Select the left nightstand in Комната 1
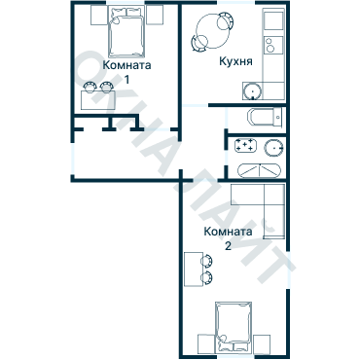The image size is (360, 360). point(95,15)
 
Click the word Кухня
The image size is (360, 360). point(237,60)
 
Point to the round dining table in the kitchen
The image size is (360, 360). point(212,30)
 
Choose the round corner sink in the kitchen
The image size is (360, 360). point(252,90)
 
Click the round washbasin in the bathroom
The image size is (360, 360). point(273,148)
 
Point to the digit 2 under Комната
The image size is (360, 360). point(228,247)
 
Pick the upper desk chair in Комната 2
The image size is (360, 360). point(207,261)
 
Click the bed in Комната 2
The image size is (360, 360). point(233,323)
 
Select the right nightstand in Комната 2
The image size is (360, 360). point(261,342)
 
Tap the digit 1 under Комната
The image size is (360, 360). point(126,80)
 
